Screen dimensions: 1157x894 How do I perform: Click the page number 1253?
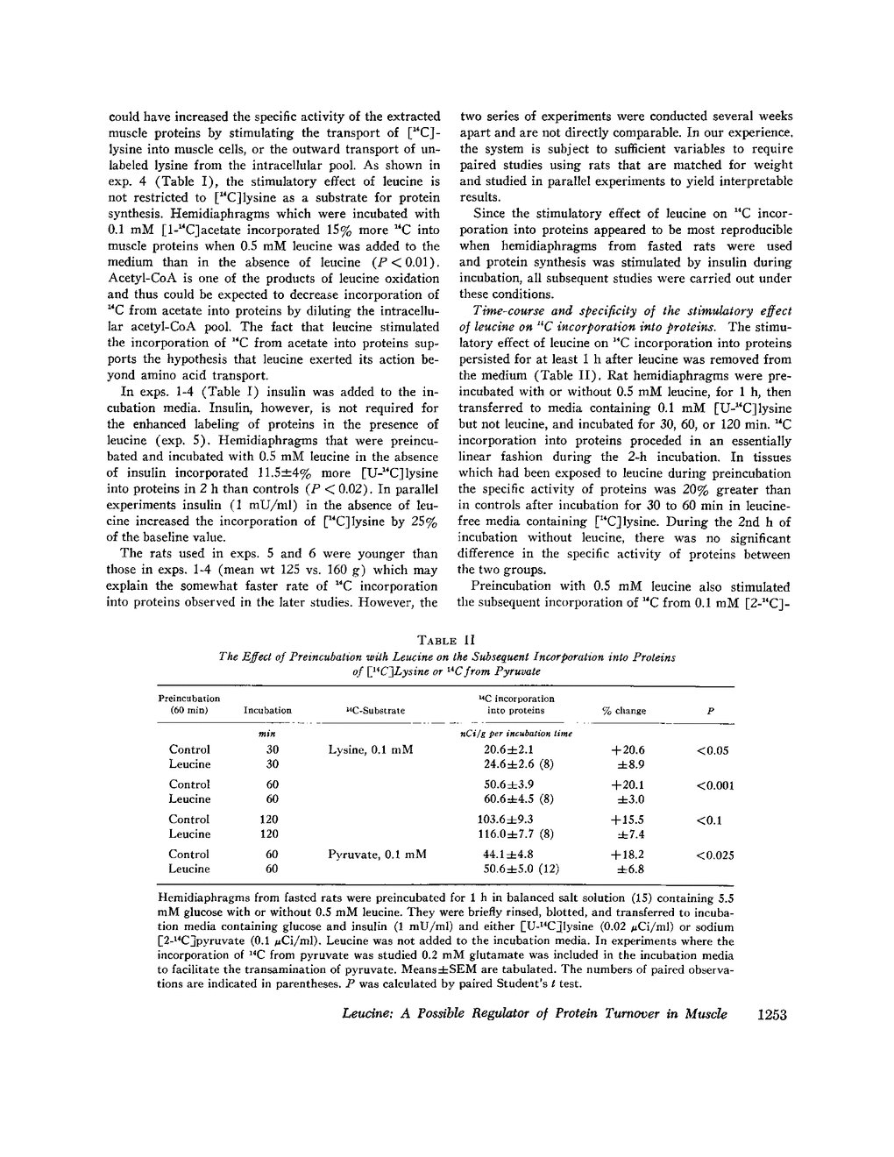pos(771,1014)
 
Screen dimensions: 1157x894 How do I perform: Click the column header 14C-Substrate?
pos(371,711)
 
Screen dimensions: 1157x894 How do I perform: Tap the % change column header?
pos(624,711)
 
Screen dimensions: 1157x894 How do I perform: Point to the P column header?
pos(709,711)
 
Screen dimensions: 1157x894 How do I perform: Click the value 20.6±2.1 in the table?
pos(508,750)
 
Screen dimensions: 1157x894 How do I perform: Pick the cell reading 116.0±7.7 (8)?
pos(513,834)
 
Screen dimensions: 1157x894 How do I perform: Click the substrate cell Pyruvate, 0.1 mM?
pos(377,855)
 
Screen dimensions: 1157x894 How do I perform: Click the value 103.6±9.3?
pos(508,820)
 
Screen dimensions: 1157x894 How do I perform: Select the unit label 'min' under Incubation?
pos(267,733)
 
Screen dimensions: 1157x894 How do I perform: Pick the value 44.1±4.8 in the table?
pos(508,855)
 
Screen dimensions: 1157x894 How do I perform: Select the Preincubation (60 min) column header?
pos(189,704)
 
